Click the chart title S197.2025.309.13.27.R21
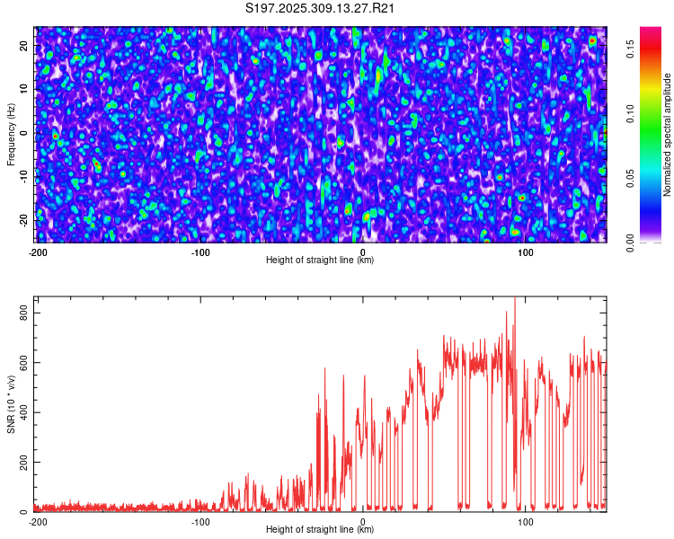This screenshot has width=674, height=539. [x=321, y=9]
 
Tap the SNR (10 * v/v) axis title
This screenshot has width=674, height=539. [x=11, y=404]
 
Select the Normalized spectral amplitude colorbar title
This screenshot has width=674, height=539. [x=667, y=135]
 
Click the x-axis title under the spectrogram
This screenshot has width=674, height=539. [x=320, y=260]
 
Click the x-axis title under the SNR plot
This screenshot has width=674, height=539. [x=320, y=529]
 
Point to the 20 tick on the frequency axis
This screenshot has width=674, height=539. [x=25, y=45]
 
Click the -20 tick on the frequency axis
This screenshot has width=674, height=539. [x=25, y=220]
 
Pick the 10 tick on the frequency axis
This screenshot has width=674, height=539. [x=25, y=89]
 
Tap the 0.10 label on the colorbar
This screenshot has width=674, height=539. [x=632, y=115]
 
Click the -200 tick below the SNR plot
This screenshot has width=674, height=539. [x=38, y=521]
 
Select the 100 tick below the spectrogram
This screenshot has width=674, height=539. [x=527, y=252]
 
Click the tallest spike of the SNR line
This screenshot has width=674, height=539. [x=515, y=299]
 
